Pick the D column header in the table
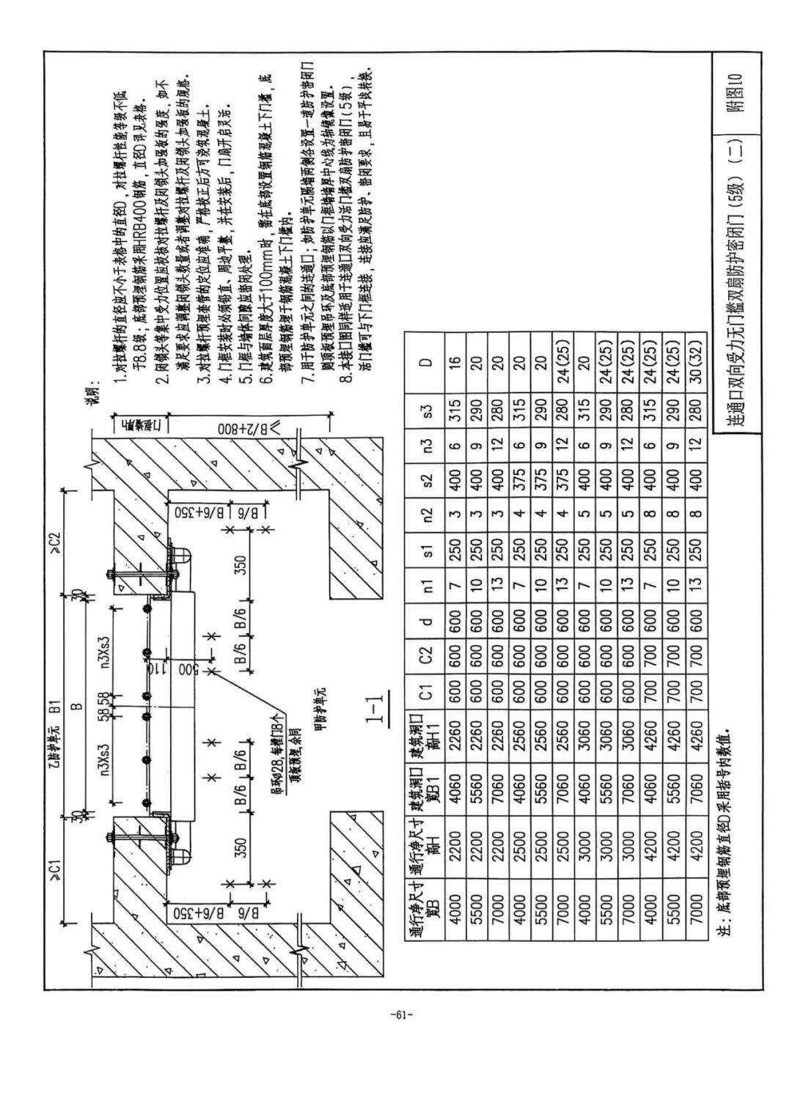click(x=428, y=361)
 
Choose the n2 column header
click(x=428, y=514)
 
